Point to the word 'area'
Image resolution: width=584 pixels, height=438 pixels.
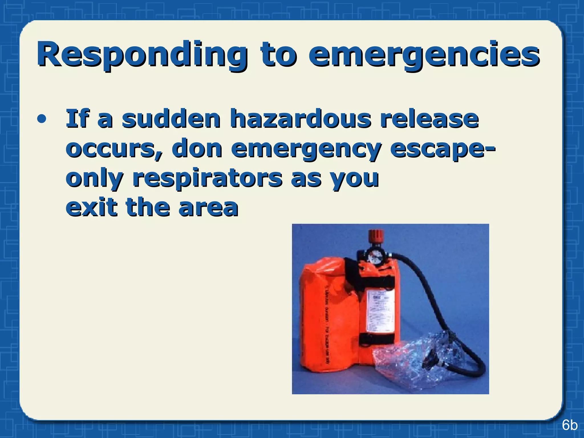pyautogui.click(x=208, y=208)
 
